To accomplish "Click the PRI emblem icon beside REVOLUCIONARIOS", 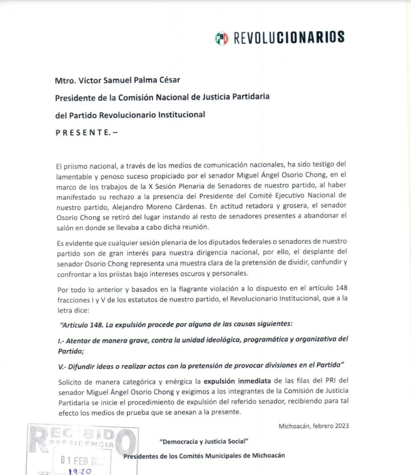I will tap(221, 38).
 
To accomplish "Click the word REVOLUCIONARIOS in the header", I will tap(288, 38).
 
